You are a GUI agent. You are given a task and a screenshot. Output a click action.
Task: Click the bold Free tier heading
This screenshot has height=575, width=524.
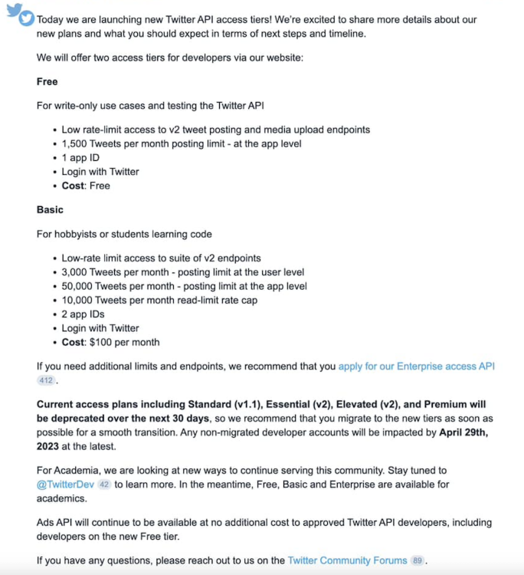pyautogui.click(x=47, y=81)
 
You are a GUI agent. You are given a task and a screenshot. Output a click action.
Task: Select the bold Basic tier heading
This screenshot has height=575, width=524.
pyautogui.click(x=50, y=209)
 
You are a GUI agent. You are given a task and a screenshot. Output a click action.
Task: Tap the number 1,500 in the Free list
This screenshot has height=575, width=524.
pyautogui.click(x=76, y=143)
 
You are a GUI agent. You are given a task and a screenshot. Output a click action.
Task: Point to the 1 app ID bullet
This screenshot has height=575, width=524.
pyautogui.click(x=80, y=157)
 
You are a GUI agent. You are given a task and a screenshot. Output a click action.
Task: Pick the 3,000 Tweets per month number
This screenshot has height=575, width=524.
pyautogui.click(x=76, y=272)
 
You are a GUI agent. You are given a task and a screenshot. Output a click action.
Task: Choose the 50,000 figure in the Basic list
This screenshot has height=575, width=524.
pyautogui.click(x=79, y=286)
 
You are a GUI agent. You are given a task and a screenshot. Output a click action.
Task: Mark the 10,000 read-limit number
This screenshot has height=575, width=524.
pyautogui.click(x=79, y=300)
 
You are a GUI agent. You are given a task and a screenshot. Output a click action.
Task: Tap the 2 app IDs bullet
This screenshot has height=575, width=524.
pyautogui.click(x=83, y=314)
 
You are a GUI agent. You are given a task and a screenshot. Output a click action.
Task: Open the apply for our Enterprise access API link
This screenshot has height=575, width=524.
pyautogui.click(x=417, y=366)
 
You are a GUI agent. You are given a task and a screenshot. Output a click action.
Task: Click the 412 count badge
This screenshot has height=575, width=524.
pyautogui.click(x=46, y=380)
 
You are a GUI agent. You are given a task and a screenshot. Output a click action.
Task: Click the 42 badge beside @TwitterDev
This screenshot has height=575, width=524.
pyautogui.click(x=105, y=485)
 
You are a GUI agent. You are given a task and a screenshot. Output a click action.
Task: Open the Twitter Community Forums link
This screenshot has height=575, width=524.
pyautogui.click(x=347, y=560)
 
